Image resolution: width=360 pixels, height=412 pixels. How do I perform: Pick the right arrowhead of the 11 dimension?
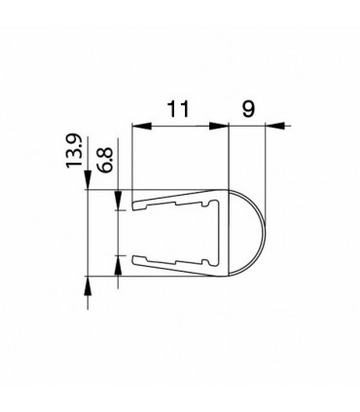tap(221, 125)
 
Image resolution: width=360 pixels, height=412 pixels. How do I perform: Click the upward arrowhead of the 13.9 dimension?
tap(89, 283)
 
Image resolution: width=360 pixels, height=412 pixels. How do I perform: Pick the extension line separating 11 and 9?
tap(228, 156)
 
